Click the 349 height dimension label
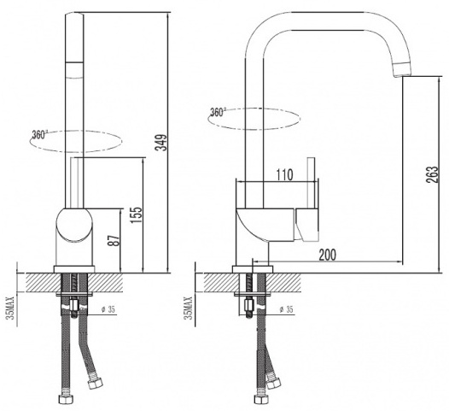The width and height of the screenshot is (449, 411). pyautogui.click(x=161, y=142)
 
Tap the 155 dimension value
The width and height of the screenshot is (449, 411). pyautogui.click(x=137, y=215)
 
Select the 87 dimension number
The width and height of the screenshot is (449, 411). pyautogui.click(x=114, y=240)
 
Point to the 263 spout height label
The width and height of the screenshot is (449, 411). pyautogui.click(x=432, y=174)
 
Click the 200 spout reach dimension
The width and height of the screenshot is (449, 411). pyautogui.click(x=328, y=255)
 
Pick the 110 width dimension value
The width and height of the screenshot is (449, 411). pyautogui.click(x=284, y=175)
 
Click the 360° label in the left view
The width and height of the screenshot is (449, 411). pyautogui.click(x=40, y=134)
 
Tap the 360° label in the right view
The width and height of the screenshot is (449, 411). pyautogui.click(x=219, y=112)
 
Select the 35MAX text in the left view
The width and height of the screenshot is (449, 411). pyautogui.click(x=11, y=308)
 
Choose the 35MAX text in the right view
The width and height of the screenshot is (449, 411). pyautogui.click(x=189, y=308)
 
